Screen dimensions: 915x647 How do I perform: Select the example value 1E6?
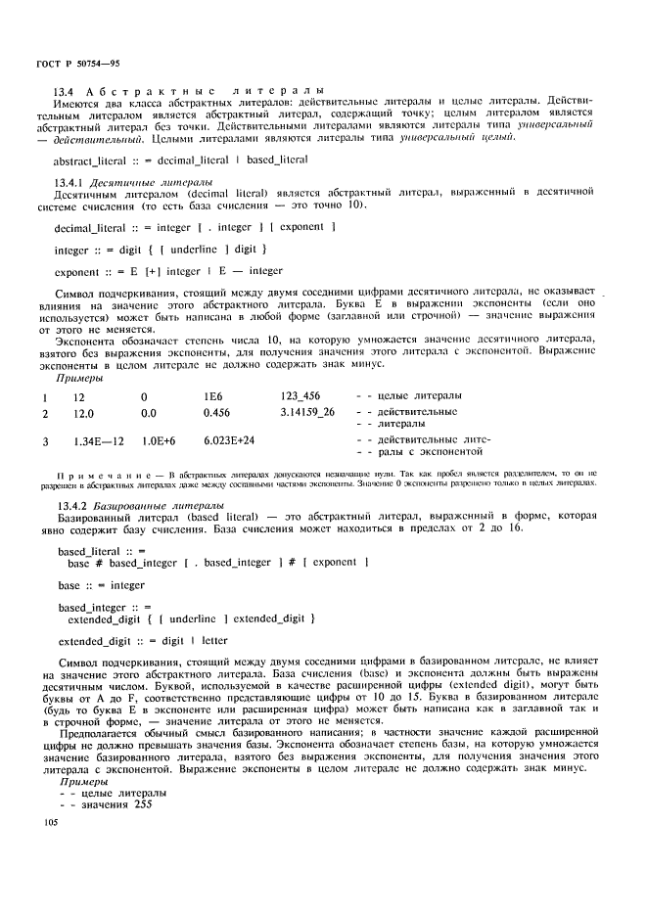[x=213, y=395]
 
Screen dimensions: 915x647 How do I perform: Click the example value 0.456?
[x=217, y=413]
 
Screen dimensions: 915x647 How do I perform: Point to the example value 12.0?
[x=85, y=413]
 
